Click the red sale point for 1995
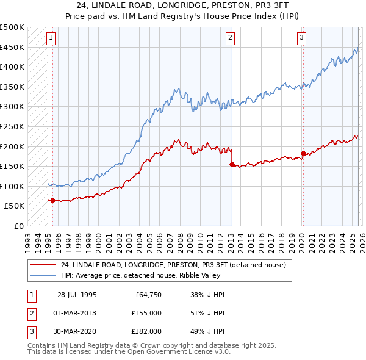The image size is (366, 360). (x=52, y=200)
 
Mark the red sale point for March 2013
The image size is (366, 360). (x=232, y=164)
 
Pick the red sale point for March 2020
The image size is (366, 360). (x=303, y=153)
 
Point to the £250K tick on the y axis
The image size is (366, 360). (x=12, y=126)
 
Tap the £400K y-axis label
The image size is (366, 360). (x=12, y=67)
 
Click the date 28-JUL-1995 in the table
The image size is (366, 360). (x=76, y=295)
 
